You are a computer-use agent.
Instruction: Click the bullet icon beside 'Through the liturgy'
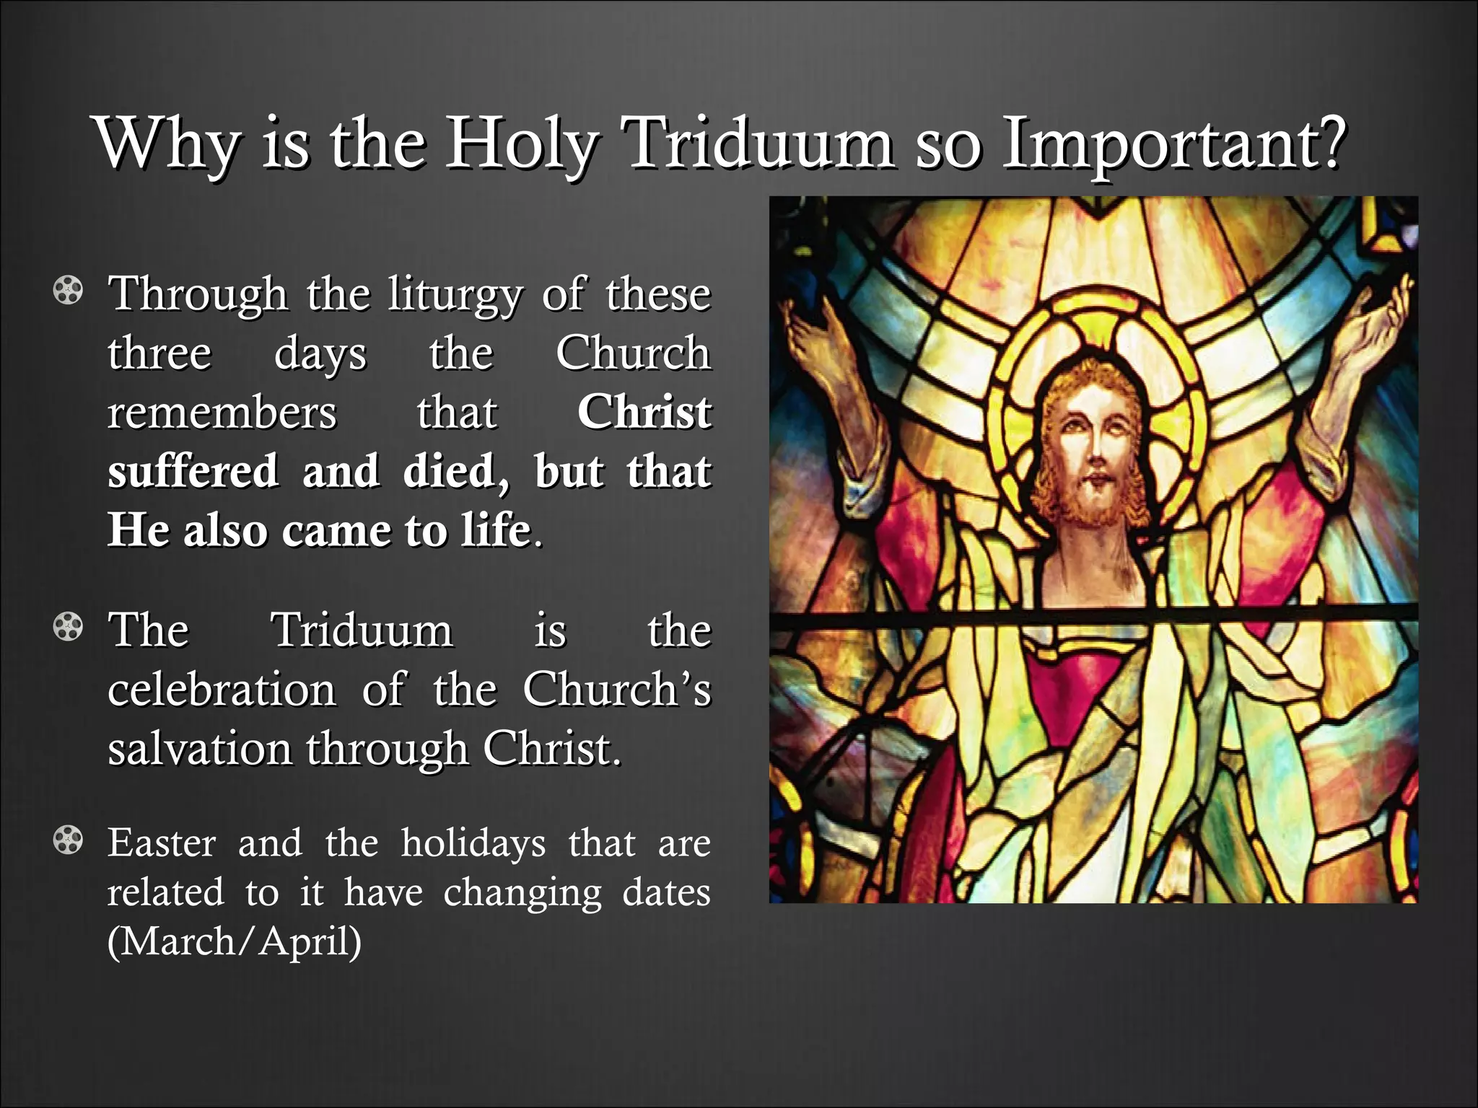point(68,291)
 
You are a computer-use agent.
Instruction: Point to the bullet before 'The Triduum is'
point(68,627)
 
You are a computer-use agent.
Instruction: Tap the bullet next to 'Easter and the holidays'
point(68,840)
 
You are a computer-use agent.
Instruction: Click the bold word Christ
point(644,412)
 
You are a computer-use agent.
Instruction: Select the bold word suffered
point(193,471)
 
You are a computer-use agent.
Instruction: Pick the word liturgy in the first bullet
point(454,294)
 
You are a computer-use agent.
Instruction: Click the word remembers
point(222,412)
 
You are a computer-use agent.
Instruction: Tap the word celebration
point(222,689)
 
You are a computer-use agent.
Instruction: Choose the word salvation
point(199,748)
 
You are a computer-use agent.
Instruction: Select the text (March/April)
point(234,941)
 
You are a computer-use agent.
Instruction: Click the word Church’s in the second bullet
point(616,689)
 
